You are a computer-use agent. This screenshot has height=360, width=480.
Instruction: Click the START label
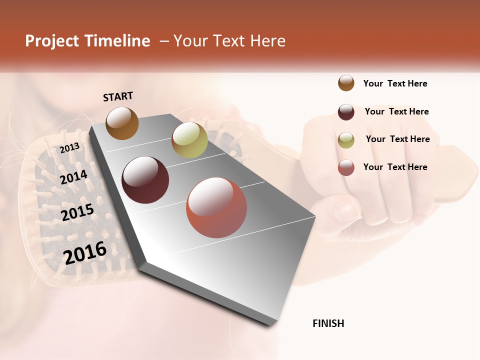pos(118,96)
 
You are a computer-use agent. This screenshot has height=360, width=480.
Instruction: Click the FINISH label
pos(328,323)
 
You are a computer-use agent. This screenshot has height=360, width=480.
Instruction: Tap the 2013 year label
pos(70,148)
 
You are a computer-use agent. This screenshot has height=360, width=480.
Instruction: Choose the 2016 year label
pos(85,252)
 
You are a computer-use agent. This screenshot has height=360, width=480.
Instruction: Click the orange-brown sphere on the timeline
pos(122,123)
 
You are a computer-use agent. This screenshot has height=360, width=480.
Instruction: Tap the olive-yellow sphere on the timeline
pos(189,140)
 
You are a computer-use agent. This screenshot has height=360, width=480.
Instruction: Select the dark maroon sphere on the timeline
pos(145,180)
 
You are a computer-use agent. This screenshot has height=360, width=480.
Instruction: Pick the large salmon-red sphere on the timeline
pos(216,207)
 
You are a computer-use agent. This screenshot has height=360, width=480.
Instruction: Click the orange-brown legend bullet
pos(346,83)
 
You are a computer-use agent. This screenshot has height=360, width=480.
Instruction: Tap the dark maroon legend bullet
pos(346,112)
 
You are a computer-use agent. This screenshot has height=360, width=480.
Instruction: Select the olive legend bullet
pos(346,140)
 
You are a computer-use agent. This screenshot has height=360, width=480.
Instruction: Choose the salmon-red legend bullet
pos(346,167)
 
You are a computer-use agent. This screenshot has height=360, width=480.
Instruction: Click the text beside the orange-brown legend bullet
pos(395,83)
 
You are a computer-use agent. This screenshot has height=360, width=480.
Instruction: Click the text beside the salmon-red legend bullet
pos(395,167)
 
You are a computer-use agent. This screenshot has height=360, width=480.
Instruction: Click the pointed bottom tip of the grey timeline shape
pos(270,324)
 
